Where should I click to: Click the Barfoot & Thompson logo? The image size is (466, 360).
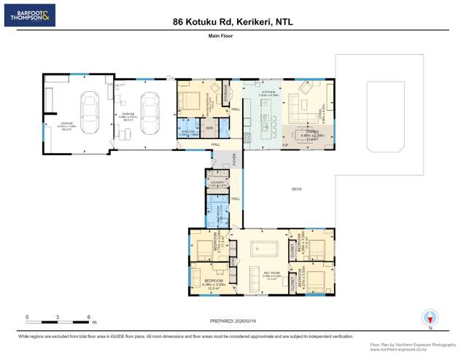[29, 15]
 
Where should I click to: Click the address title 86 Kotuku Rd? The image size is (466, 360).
[233, 22]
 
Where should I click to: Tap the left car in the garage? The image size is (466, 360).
[91, 113]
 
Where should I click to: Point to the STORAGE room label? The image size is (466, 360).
[225, 95]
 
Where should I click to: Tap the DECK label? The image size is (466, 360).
[297, 189]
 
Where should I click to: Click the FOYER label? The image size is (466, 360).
[235, 157]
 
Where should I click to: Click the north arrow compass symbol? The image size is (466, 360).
[430, 318]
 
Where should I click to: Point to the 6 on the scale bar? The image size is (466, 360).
[88, 317]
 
